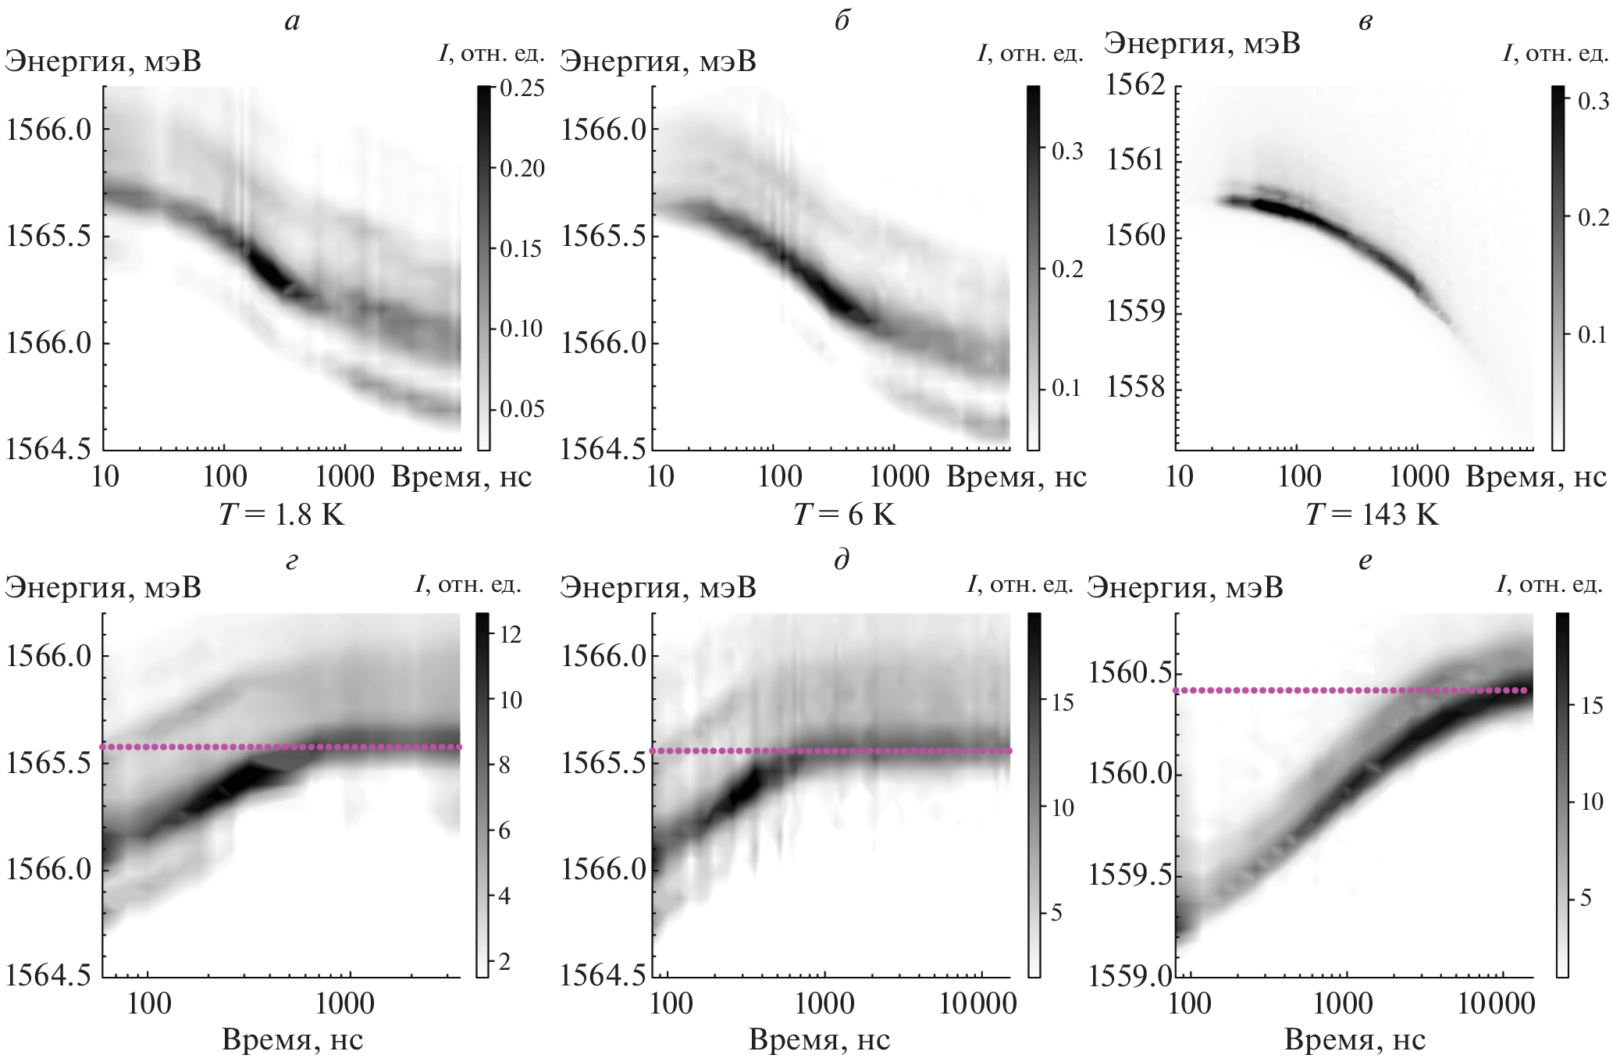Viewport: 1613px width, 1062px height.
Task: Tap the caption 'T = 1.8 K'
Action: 283,515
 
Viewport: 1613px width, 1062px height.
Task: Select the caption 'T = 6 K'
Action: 846,515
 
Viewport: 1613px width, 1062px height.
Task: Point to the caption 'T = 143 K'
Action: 1373,515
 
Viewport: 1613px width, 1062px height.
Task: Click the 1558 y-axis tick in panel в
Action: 1135,388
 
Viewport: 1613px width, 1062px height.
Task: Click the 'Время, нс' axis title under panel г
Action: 293,1039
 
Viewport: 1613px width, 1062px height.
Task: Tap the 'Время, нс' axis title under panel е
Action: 1355,1039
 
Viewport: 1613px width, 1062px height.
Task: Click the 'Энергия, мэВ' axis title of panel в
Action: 1202,44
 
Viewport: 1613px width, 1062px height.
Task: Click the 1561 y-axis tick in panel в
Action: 1135,161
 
